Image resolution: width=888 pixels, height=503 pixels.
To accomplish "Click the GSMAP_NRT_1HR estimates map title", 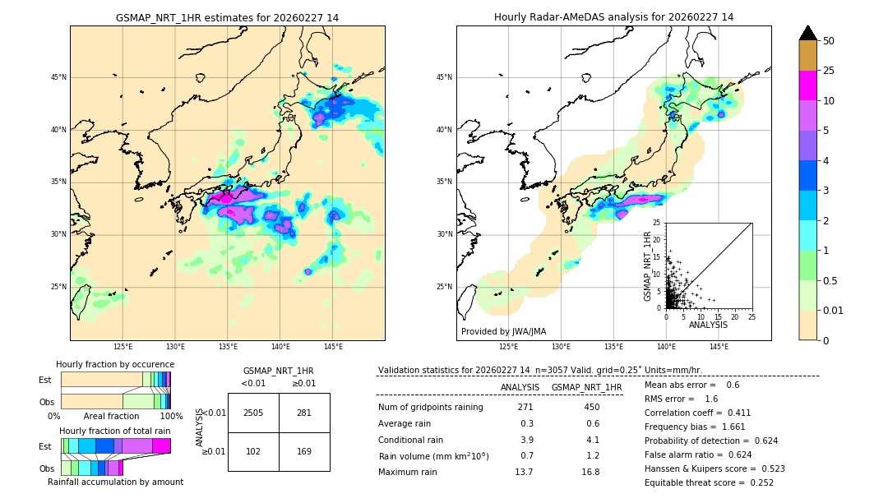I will pos(227,17).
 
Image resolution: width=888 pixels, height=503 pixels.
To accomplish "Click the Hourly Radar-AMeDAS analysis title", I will pos(613,17).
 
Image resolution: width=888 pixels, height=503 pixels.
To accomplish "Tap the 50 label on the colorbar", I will pos(829,41).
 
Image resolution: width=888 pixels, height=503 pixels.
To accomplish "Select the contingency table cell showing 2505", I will pos(253,413).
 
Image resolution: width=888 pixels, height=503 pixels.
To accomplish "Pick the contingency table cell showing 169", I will pos(304,450).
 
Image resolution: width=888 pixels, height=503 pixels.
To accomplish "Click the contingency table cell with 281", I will pos(304,413).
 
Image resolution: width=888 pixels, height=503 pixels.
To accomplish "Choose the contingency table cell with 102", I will pos(253,450).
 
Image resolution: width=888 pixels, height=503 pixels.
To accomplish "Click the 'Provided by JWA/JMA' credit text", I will pos(503,331).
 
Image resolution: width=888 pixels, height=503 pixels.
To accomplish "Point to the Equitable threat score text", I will pos(709,482).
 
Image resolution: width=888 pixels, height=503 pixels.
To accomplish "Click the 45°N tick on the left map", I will pos(58,77).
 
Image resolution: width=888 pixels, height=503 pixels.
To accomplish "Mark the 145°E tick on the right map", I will pos(719,347).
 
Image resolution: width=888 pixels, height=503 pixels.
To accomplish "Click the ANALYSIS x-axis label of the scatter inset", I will pos(708,325).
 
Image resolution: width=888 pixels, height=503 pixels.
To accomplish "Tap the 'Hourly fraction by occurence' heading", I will pos(115,364).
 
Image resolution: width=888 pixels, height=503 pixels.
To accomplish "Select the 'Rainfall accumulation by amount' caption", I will pos(115,482).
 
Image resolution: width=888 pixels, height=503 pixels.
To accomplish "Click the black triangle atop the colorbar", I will pos(808,33).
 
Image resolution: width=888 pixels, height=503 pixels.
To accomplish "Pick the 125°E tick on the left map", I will pos(123,347).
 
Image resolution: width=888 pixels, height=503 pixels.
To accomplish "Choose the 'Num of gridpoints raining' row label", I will pos(430,408).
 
